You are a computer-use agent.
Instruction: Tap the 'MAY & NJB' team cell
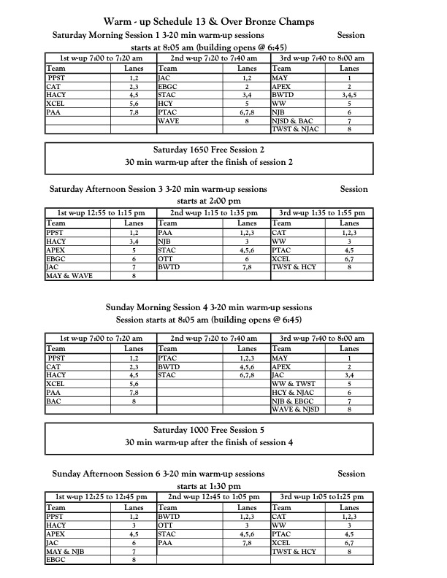(68, 552)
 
